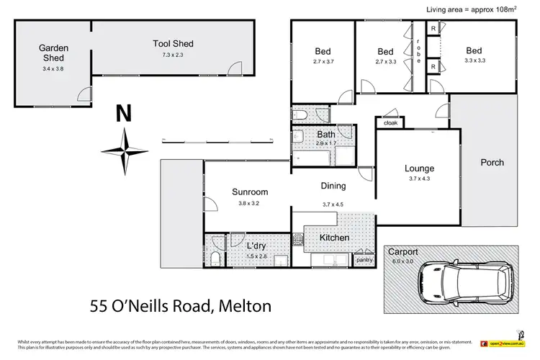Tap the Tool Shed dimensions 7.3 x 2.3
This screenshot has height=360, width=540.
tap(173, 55)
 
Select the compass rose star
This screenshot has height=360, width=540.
tap(125, 150)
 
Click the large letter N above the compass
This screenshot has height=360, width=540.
tap(125, 114)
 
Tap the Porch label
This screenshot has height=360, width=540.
tap(492, 162)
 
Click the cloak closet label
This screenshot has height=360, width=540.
tap(390, 123)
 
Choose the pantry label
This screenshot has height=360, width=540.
tap(364, 259)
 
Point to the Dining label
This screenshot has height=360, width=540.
tap(333, 186)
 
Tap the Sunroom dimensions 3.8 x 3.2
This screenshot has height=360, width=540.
tap(250, 203)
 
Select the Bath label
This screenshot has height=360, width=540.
tap(326, 135)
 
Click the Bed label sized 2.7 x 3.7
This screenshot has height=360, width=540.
tap(322, 51)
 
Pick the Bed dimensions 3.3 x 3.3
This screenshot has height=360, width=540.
tap(473, 61)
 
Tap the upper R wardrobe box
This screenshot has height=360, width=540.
tap(432, 29)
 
